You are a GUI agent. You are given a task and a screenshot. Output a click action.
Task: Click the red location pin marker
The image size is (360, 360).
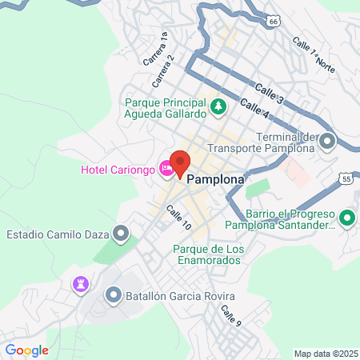coord(180,163)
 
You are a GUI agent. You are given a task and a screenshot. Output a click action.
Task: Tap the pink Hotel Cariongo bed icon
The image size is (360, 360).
coord(166,168)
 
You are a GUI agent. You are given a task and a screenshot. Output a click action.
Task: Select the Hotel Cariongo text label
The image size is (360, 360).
coord(118,169)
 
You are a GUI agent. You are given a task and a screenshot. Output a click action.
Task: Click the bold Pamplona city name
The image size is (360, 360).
coord(215,181)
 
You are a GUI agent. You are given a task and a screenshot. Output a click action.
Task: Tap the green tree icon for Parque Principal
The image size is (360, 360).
coord(217,106)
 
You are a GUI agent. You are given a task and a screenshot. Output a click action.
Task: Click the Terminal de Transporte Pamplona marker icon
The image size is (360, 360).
coord(326,142)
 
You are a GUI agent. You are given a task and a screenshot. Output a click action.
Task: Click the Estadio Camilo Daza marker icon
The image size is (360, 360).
coord(121,234)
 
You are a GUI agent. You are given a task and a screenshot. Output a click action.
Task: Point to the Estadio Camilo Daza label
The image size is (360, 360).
coord(58,235)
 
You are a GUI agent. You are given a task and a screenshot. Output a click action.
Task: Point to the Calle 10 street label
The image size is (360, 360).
coord(178,218)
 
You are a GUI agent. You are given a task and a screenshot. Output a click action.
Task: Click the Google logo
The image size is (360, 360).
coord(26,350)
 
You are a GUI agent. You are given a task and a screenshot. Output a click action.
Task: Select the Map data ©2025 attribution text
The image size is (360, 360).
coord(326,353)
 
